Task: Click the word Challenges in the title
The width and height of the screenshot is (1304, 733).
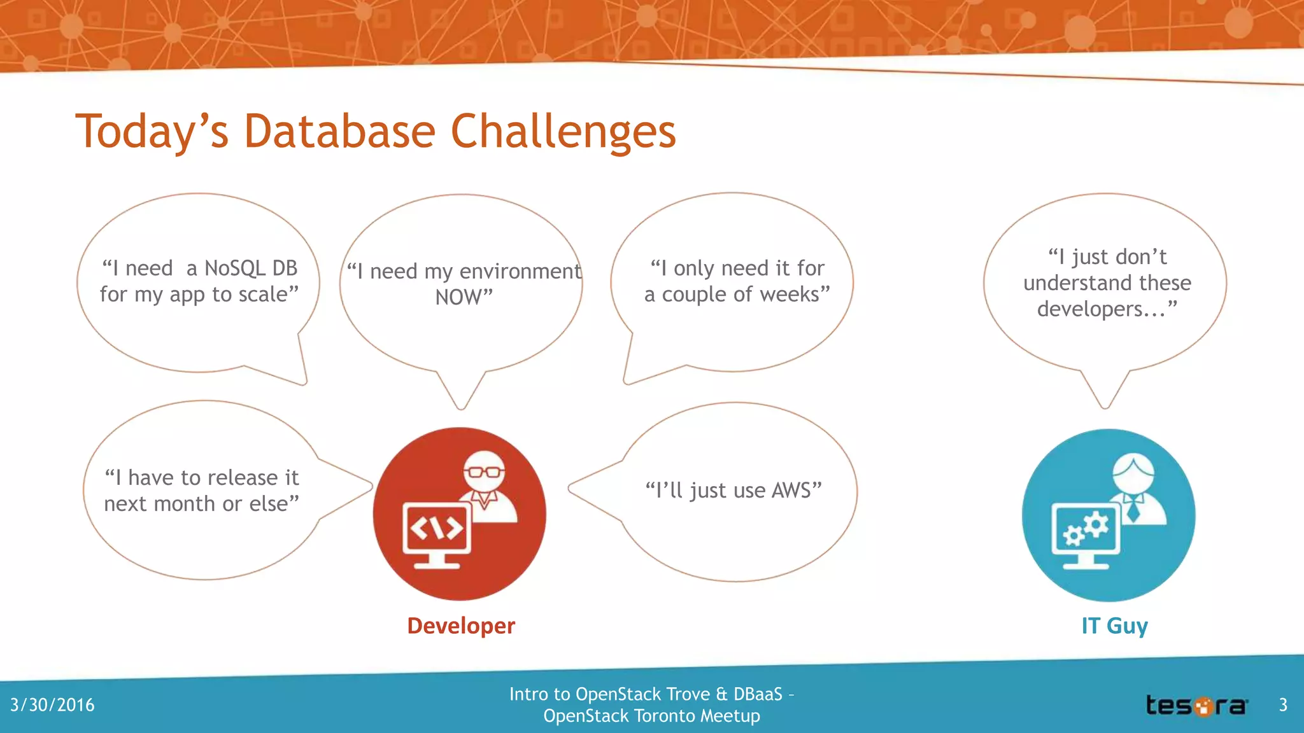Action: coord(563,132)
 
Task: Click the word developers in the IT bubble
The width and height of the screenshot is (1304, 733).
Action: coord(1100,309)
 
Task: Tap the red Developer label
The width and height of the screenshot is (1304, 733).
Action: coord(461,625)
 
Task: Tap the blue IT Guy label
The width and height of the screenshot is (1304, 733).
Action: coord(1114,625)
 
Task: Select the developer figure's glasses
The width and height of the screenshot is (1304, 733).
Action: coord(484,472)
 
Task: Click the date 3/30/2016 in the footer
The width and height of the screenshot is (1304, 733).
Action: coord(52,705)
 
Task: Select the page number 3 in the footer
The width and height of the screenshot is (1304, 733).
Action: coord(1283,705)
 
